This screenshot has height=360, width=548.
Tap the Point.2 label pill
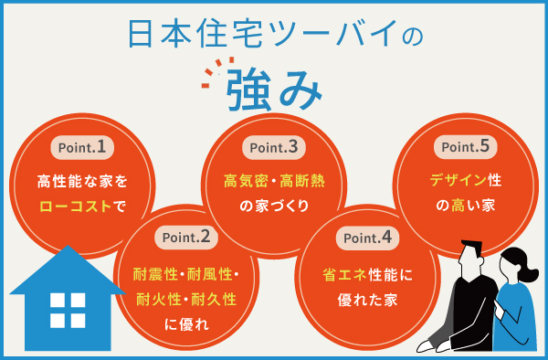click(x=187, y=238)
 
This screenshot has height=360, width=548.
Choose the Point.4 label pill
click(x=369, y=238)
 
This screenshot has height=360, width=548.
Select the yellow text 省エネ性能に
click(x=369, y=273)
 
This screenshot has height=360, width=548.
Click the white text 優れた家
click(x=369, y=299)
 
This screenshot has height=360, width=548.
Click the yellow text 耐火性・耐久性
click(x=186, y=298)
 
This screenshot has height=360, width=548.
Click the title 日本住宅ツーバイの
click(x=274, y=36)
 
